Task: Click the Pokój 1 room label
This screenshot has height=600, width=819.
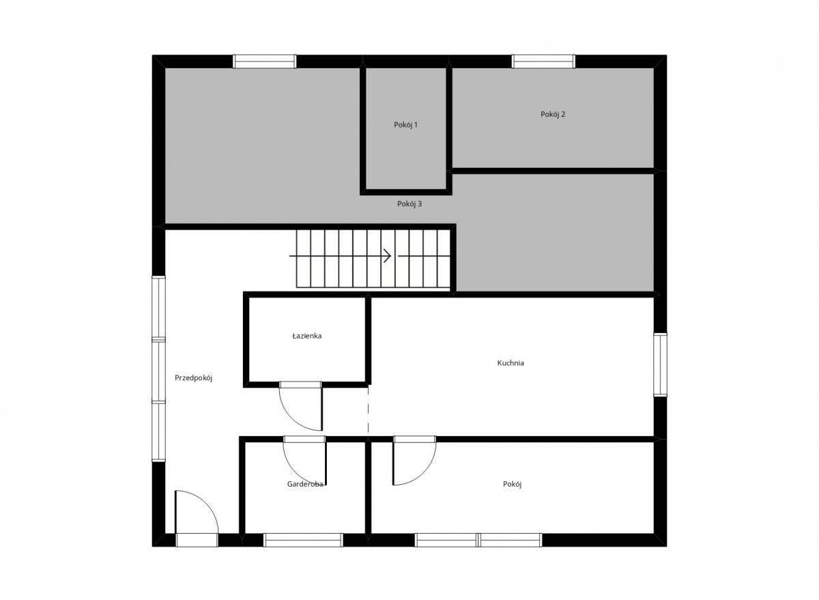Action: point(405,125)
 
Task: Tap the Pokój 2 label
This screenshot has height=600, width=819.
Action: point(553,115)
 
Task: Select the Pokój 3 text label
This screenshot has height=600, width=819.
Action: point(409,204)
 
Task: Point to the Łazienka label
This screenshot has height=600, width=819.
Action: point(306,336)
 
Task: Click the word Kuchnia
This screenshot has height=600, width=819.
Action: point(511,363)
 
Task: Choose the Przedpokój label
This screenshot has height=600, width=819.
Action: point(193,378)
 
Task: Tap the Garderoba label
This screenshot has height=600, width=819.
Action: point(305,484)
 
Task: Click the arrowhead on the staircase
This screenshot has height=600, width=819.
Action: point(388,256)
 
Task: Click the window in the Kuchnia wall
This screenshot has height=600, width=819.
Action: point(660,365)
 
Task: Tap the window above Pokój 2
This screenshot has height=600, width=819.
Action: point(543,61)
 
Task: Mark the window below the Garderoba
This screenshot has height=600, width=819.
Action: point(303,540)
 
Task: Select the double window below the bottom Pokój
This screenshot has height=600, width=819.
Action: point(478,540)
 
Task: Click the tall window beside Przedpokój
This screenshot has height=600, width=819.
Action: point(158,369)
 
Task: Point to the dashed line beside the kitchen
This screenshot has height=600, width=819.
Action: point(368,410)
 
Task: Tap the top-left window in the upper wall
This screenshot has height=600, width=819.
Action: point(265,61)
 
